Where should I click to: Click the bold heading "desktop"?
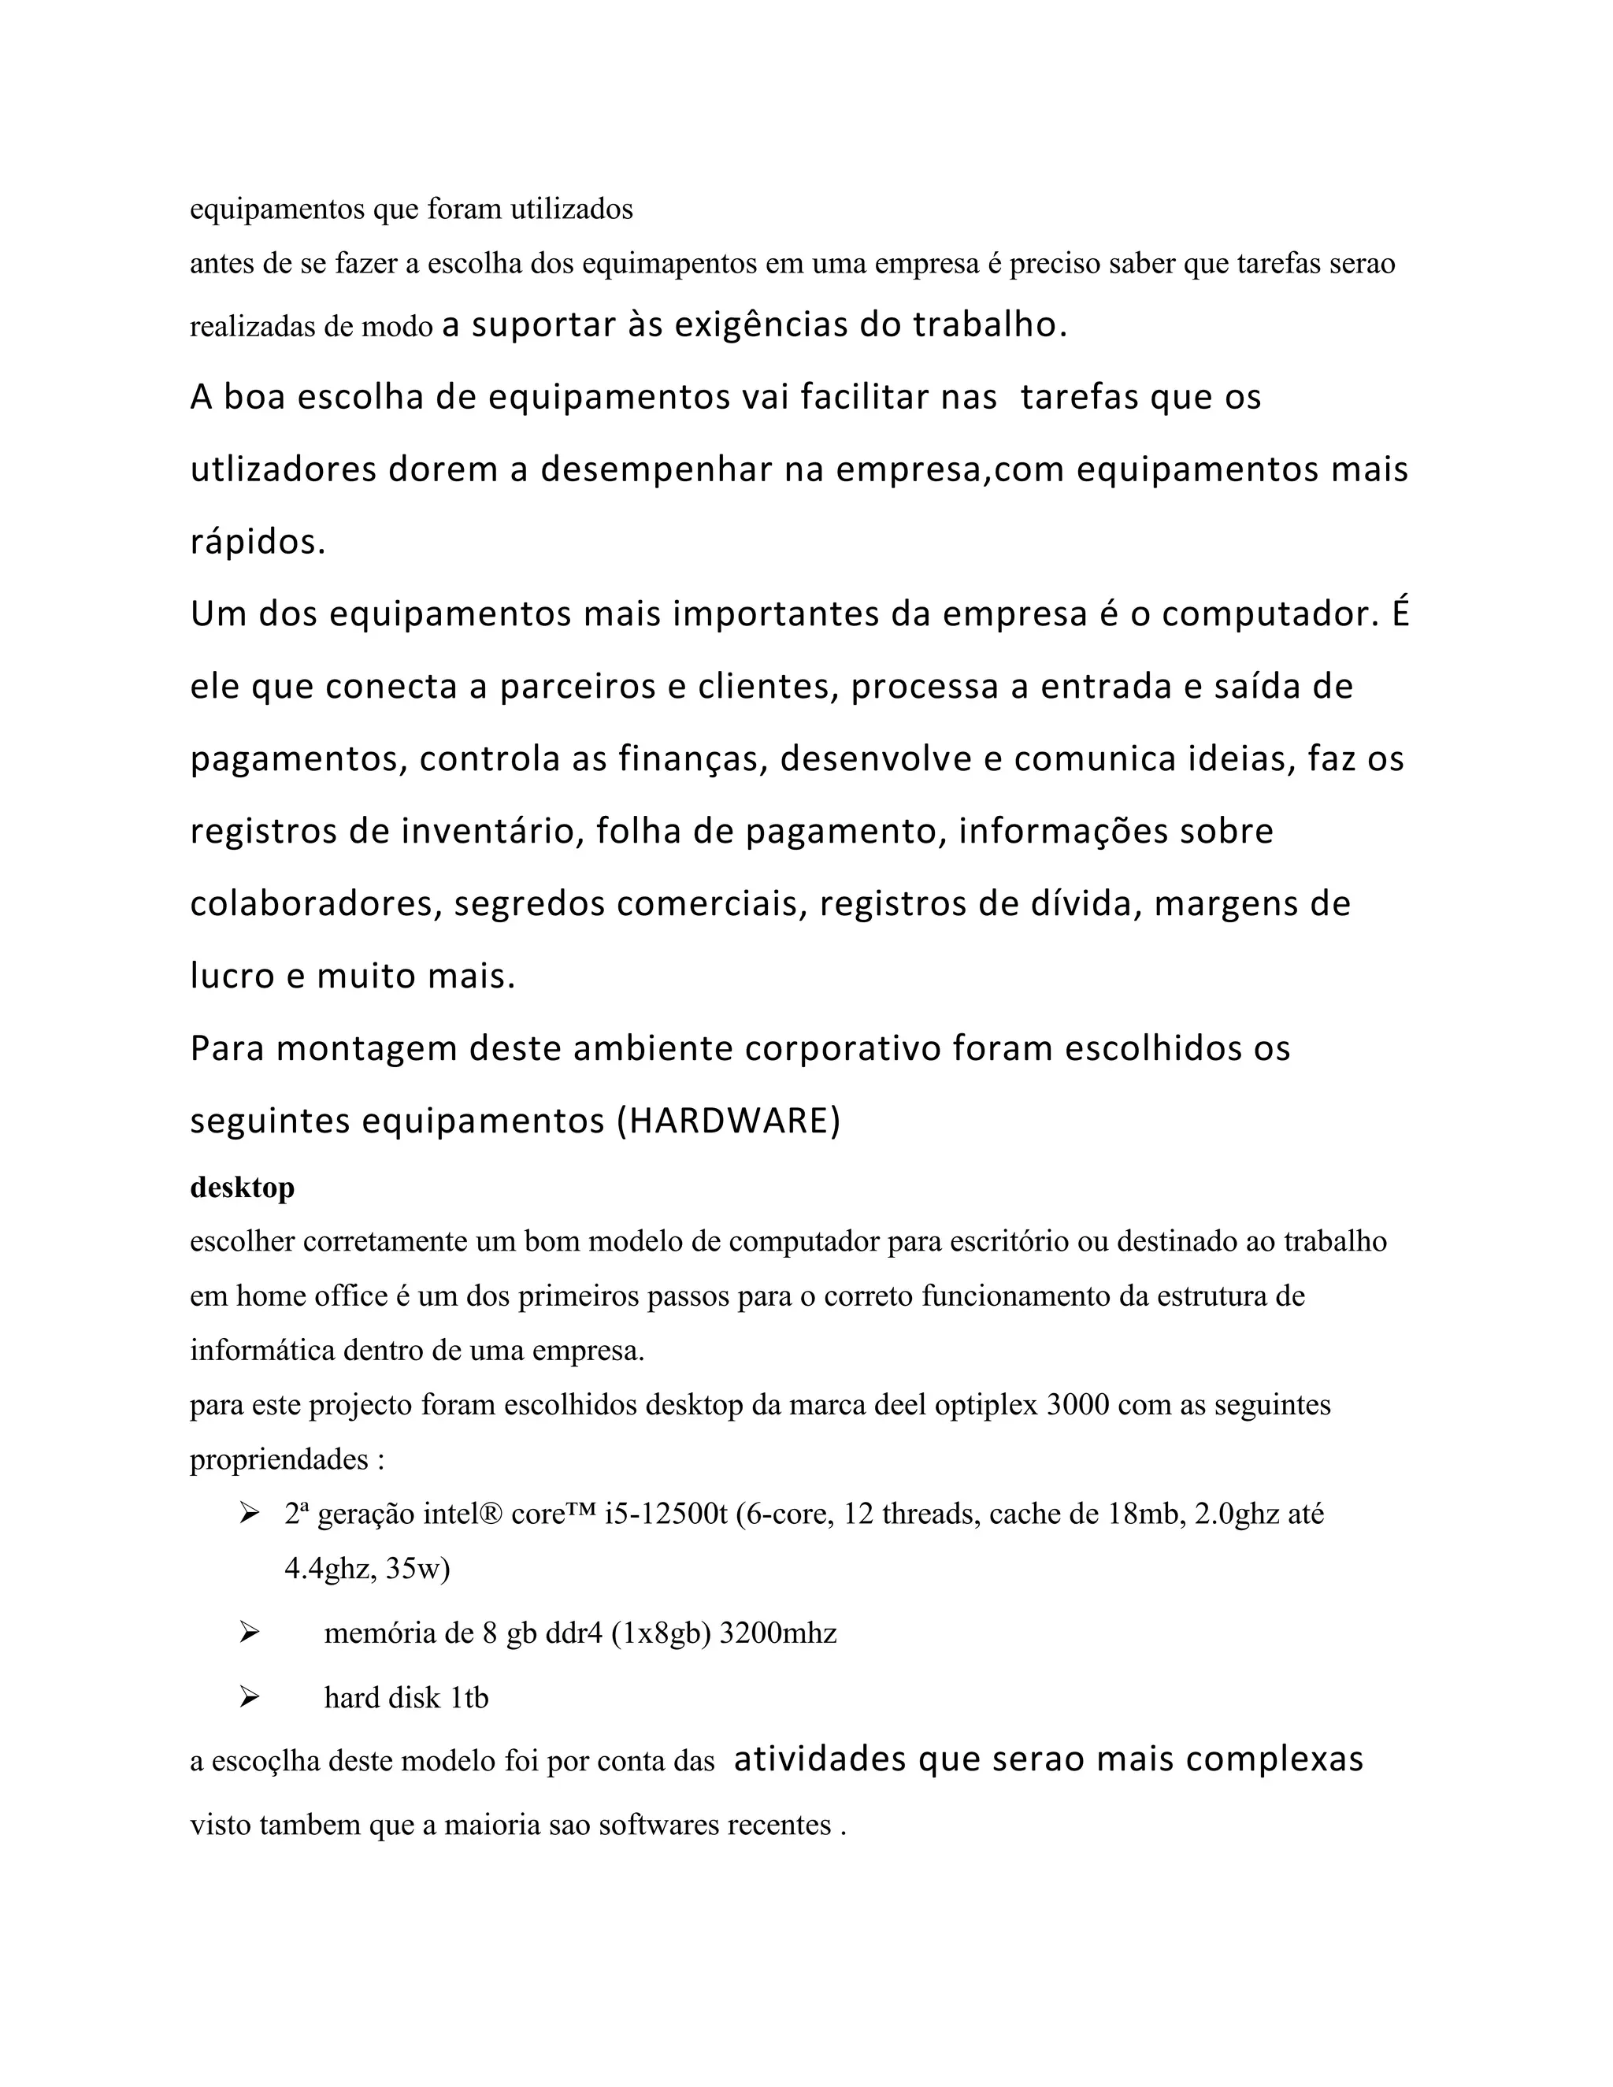(242, 1188)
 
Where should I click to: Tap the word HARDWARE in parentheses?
(729, 1121)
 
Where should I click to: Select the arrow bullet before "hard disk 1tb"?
(250, 1697)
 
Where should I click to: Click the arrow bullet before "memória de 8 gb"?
(250, 1633)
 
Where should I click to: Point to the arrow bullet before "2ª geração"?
(250, 1514)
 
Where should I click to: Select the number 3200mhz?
(778, 1633)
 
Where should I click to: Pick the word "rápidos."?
(258, 543)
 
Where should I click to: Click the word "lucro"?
(232, 976)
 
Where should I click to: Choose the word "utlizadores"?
(283, 470)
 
